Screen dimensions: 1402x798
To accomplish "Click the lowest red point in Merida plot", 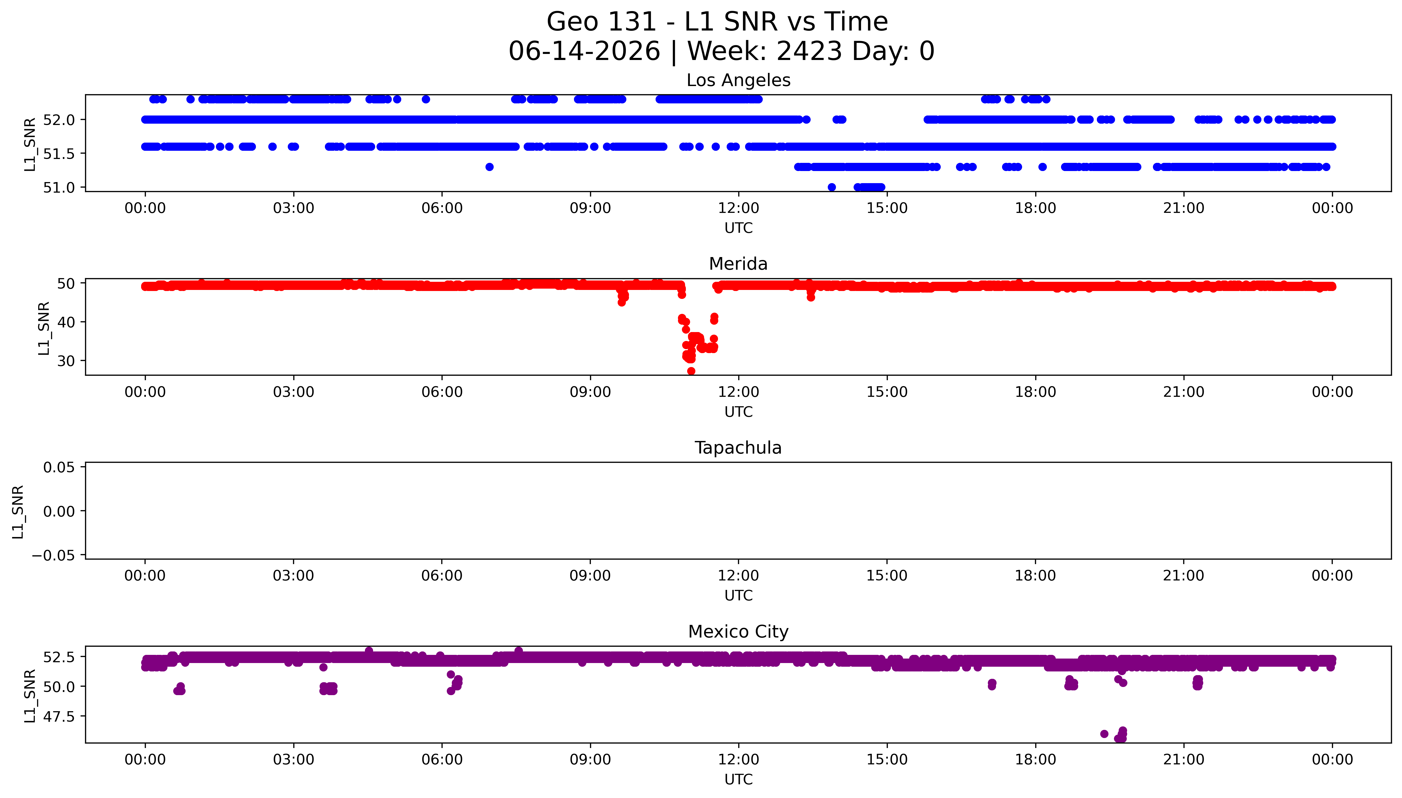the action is [x=691, y=371].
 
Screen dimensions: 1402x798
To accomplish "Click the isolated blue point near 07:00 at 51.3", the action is [x=490, y=167].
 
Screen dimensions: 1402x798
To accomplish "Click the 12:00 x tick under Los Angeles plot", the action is [x=739, y=208].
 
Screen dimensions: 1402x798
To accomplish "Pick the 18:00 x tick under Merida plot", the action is [x=1035, y=392].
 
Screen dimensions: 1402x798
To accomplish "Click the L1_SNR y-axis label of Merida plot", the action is [x=44, y=328].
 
